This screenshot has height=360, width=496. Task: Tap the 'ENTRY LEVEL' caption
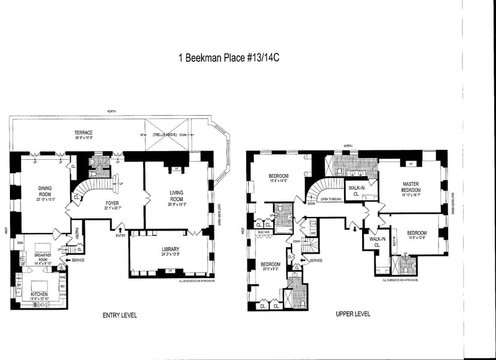[x=119, y=315]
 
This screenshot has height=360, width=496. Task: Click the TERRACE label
[x=84, y=133]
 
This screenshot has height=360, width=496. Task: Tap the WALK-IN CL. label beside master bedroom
[x=356, y=190]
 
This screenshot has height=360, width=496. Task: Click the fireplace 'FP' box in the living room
[x=176, y=168]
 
